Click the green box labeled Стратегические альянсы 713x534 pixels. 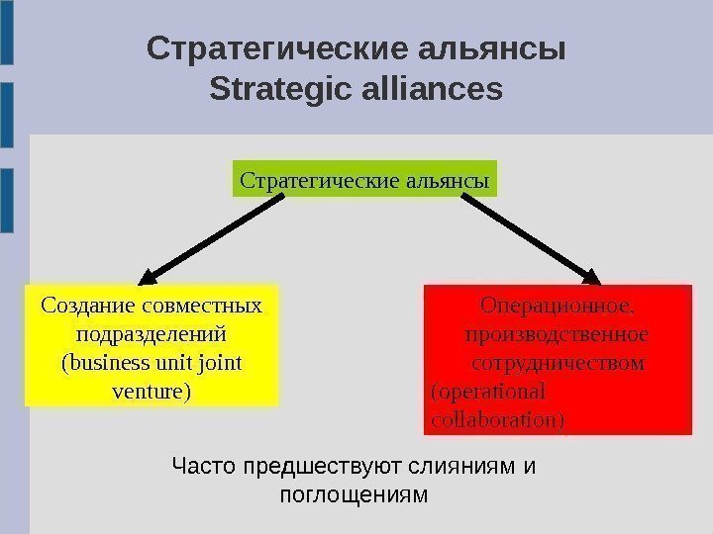(x=365, y=182)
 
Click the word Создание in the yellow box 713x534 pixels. (x=87, y=305)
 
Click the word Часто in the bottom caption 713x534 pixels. (x=201, y=465)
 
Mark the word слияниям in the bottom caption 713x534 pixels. (x=468, y=465)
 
